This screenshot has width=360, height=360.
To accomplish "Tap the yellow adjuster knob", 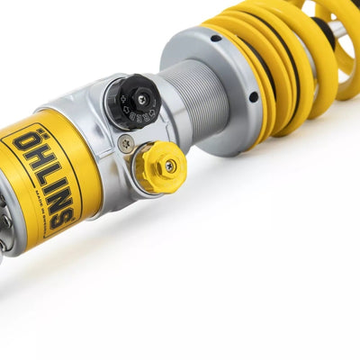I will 160,167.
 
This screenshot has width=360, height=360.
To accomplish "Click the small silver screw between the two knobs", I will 126,142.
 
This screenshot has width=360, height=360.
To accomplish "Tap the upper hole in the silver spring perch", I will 216,38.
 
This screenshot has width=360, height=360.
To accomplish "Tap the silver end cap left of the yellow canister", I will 7,220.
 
